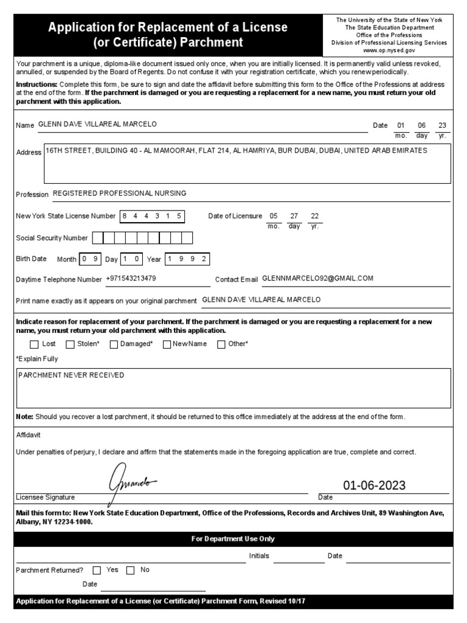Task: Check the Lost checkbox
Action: point(34,344)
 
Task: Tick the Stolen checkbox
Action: point(69,344)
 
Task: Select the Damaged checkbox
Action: point(114,344)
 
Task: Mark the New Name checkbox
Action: point(167,344)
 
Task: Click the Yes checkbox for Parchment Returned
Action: point(97,571)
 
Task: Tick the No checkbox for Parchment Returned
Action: point(130,571)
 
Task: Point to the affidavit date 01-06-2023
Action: point(374,486)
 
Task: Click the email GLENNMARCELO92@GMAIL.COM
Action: point(317,279)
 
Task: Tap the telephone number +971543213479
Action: point(131,279)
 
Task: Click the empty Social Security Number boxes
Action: point(142,238)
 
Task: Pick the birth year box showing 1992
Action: point(187,259)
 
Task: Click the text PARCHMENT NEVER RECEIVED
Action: point(71,375)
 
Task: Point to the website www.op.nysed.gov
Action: point(389,51)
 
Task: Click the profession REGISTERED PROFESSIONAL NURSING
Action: point(120,193)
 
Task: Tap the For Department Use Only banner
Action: point(233,539)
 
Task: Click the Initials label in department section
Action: point(259,556)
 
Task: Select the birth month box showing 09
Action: point(91,259)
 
